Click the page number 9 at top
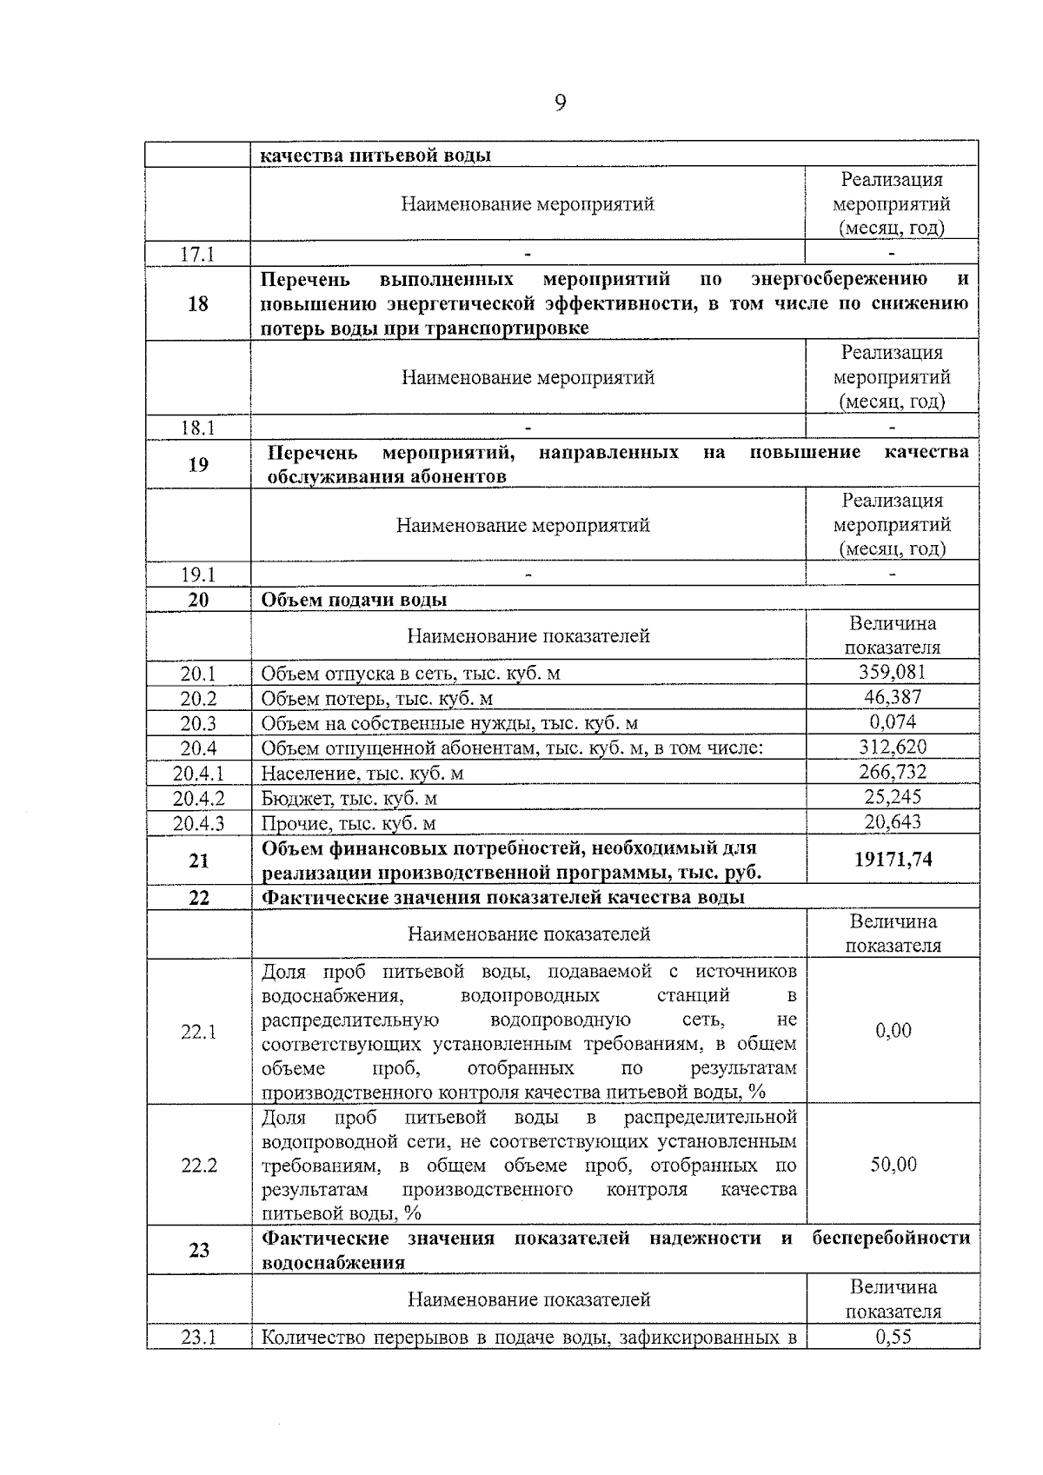point(559,103)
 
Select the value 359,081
point(892,672)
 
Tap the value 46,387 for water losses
point(892,697)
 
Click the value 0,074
point(892,721)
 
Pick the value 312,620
point(892,747)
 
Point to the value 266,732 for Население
point(892,772)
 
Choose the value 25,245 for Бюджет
point(892,796)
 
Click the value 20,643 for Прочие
point(892,821)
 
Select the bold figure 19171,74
point(893,859)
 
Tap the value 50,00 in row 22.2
point(893,1164)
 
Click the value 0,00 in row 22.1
point(893,1031)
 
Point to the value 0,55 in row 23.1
point(893,1338)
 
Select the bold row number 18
point(198,303)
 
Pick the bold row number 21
point(198,860)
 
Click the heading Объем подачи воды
point(355,600)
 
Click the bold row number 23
point(198,1250)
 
